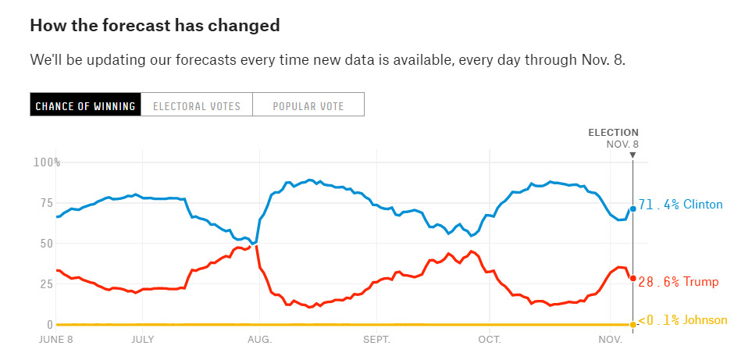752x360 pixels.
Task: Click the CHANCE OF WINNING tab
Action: click(86, 105)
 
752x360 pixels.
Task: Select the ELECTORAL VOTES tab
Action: click(197, 105)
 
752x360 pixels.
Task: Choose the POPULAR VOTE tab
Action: click(308, 105)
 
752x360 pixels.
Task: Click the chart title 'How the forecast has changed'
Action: click(155, 25)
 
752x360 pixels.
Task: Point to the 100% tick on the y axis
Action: click(47, 162)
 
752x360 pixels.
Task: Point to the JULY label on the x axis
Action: click(142, 340)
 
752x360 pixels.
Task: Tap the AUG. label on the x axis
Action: click(260, 340)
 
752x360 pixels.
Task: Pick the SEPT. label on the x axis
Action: click(376, 340)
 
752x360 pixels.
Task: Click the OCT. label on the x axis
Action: click(490, 340)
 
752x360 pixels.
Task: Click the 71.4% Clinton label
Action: click(681, 205)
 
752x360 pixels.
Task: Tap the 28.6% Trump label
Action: click(677, 282)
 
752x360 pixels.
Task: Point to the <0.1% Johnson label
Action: click(683, 320)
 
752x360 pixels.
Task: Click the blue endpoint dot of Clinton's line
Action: click(633, 209)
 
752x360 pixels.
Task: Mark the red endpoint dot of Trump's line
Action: click(633, 279)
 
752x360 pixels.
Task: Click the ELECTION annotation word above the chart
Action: click(613, 133)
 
